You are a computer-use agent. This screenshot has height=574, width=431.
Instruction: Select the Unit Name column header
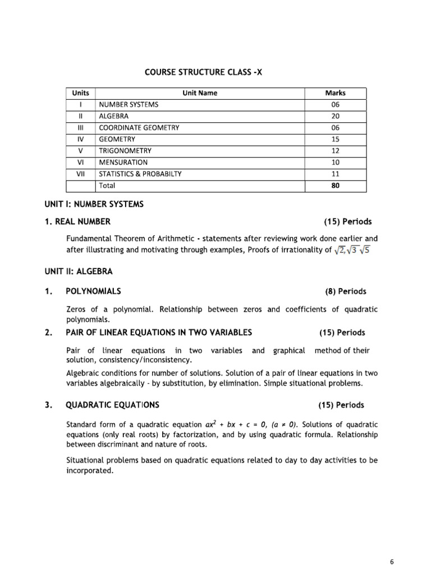(200, 93)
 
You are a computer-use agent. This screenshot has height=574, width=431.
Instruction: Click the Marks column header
(335, 93)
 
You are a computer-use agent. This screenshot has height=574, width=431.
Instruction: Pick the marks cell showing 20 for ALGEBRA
(335, 116)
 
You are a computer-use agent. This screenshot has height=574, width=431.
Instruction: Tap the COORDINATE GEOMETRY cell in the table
(139, 128)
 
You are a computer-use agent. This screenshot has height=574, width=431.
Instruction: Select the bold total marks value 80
(335, 185)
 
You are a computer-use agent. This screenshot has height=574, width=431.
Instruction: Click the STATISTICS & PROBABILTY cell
(140, 174)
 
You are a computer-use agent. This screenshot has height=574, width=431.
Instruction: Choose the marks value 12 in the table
(335, 151)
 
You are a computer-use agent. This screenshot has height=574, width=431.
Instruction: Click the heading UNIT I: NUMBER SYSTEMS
(105, 205)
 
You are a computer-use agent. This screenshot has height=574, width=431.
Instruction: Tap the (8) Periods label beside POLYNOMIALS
(345, 291)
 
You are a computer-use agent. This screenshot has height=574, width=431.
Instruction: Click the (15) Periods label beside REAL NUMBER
(343, 222)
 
